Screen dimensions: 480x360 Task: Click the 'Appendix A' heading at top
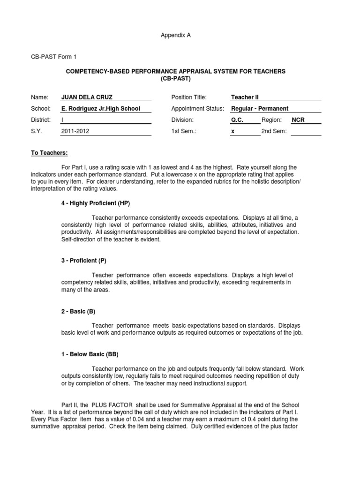click(x=177, y=35)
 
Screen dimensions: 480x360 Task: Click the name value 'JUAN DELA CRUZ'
click(x=87, y=97)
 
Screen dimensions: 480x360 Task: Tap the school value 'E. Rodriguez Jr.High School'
click(x=101, y=109)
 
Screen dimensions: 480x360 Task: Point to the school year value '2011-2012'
click(x=75, y=132)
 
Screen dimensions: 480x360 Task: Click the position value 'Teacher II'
click(x=245, y=97)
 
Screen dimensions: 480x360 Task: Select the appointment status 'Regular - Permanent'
click(x=259, y=109)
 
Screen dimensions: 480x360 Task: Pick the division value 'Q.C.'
click(x=238, y=120)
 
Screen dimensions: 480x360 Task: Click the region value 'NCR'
click(x=298, y=120)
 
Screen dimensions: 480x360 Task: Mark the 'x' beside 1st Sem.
click(x=232, y=132)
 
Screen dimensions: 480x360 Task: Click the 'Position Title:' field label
click(x=189, y=97)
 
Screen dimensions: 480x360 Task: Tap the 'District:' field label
click(x=41, y=120)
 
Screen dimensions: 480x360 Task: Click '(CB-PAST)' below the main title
click(x=176, y=78)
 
